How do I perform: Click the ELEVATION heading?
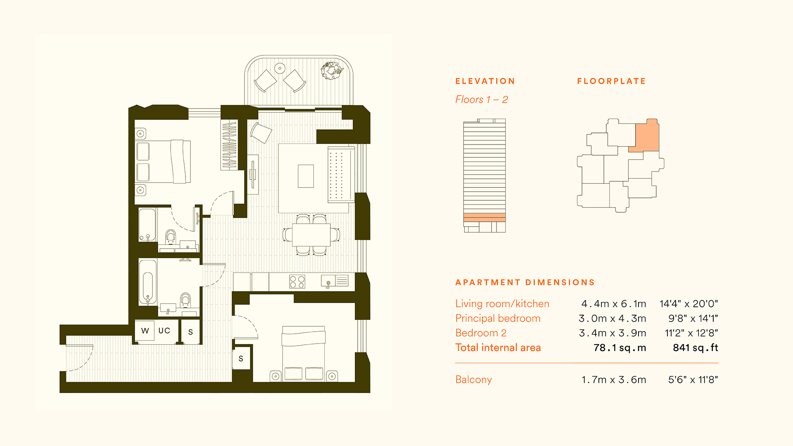tap(485, 81)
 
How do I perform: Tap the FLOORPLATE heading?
tap(611, 81)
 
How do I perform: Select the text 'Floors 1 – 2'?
tap(482, 100)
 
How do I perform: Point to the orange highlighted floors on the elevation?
tap(484, 217)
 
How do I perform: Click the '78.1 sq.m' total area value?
tap(620, 348)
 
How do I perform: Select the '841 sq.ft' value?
tap(696, 348)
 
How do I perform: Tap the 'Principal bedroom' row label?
tap(498, 318)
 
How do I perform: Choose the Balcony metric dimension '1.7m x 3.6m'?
tap(614, 380)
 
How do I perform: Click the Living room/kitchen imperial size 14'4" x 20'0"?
tap(689, 304)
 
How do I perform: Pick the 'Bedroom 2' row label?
tap(481, 333)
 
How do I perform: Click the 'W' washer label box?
tap(145, 331)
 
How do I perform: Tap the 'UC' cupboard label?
tap(164, 331)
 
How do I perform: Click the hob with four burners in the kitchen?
tap(297, 282)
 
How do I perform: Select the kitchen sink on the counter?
tap(328, 281)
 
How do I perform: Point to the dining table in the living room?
tap(311, 235)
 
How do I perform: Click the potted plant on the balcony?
tap(332, 70)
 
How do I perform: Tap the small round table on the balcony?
tap(280, 68)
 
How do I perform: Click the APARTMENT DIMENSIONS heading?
tap(525, 282)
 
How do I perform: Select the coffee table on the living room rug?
tap(306, 176)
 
